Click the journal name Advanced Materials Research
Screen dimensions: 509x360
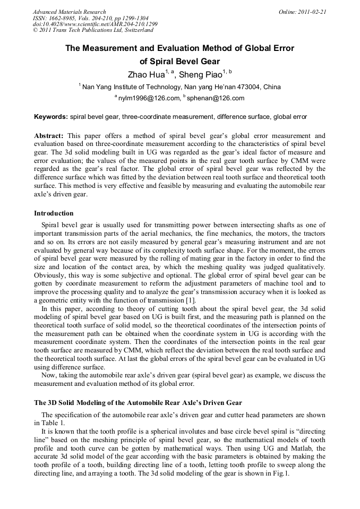pyautogui.click(x=69, y=12)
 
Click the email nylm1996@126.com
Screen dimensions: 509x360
pyautogui.click(x=149, y=98)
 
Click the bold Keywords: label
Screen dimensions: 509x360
pyautogui.click(x=51, y=116)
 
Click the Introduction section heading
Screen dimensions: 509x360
pyautogui.click(x=54, y=213)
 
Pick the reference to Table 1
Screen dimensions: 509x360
pyautogui.click(x=54, y=423)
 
